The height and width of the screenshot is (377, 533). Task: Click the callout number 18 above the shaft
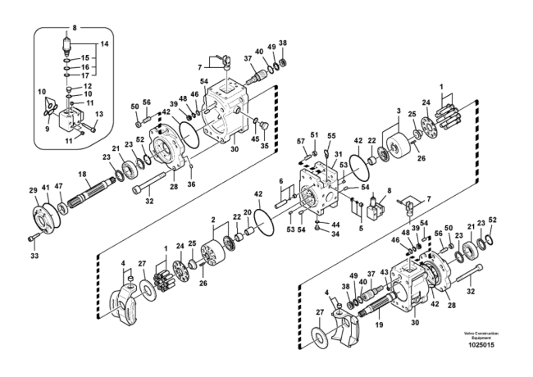coord(82,175)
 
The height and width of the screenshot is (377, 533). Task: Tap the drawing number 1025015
coord(481,346)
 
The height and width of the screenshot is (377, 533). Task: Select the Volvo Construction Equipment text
coord(481,335)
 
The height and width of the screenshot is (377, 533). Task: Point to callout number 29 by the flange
coord(34,190)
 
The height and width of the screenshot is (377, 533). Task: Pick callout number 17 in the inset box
coord(84,76)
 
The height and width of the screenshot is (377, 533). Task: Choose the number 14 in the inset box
coord(104,43)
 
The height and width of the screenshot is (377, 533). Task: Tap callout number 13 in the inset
coord(100,115)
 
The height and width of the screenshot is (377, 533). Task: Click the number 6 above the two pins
coord(281,181)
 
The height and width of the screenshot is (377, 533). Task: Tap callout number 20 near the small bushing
coord(248,213)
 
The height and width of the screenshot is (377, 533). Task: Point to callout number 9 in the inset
coord(47,129)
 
